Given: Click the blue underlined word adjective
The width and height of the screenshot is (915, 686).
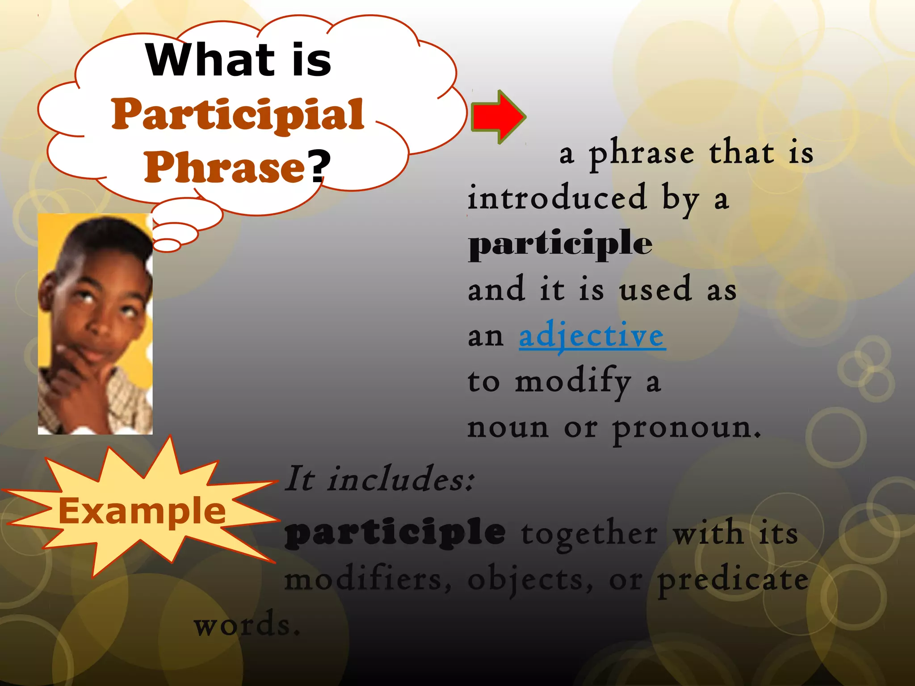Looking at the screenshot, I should click(x=592, y=336).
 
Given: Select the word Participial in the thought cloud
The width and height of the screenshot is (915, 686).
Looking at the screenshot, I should click(x=238, y=115).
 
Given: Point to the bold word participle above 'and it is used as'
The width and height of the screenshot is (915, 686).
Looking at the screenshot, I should click(x=560, y=244).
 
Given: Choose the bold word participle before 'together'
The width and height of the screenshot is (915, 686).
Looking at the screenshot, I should click(x=395, y=532).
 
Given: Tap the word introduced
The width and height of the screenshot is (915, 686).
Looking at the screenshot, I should click(x=557, y=197).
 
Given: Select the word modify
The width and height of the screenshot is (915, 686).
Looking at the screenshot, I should click(x=573, y=382).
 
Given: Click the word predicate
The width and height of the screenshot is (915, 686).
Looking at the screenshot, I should click(x=733, y=580).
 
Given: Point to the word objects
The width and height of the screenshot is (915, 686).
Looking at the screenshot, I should click(x=530, y=580).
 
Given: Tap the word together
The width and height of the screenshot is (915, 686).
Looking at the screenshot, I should click(x=589, y=533).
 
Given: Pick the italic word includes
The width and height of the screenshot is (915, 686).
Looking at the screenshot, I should click(x=400, y=479).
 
